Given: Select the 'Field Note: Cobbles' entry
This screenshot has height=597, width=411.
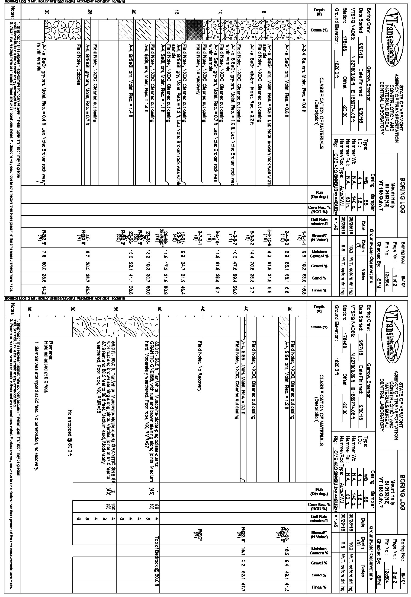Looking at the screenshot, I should [79, 64].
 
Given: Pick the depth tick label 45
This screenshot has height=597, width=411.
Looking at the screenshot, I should [203, 309].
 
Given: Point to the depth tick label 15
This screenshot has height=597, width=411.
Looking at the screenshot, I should [177, 12].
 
